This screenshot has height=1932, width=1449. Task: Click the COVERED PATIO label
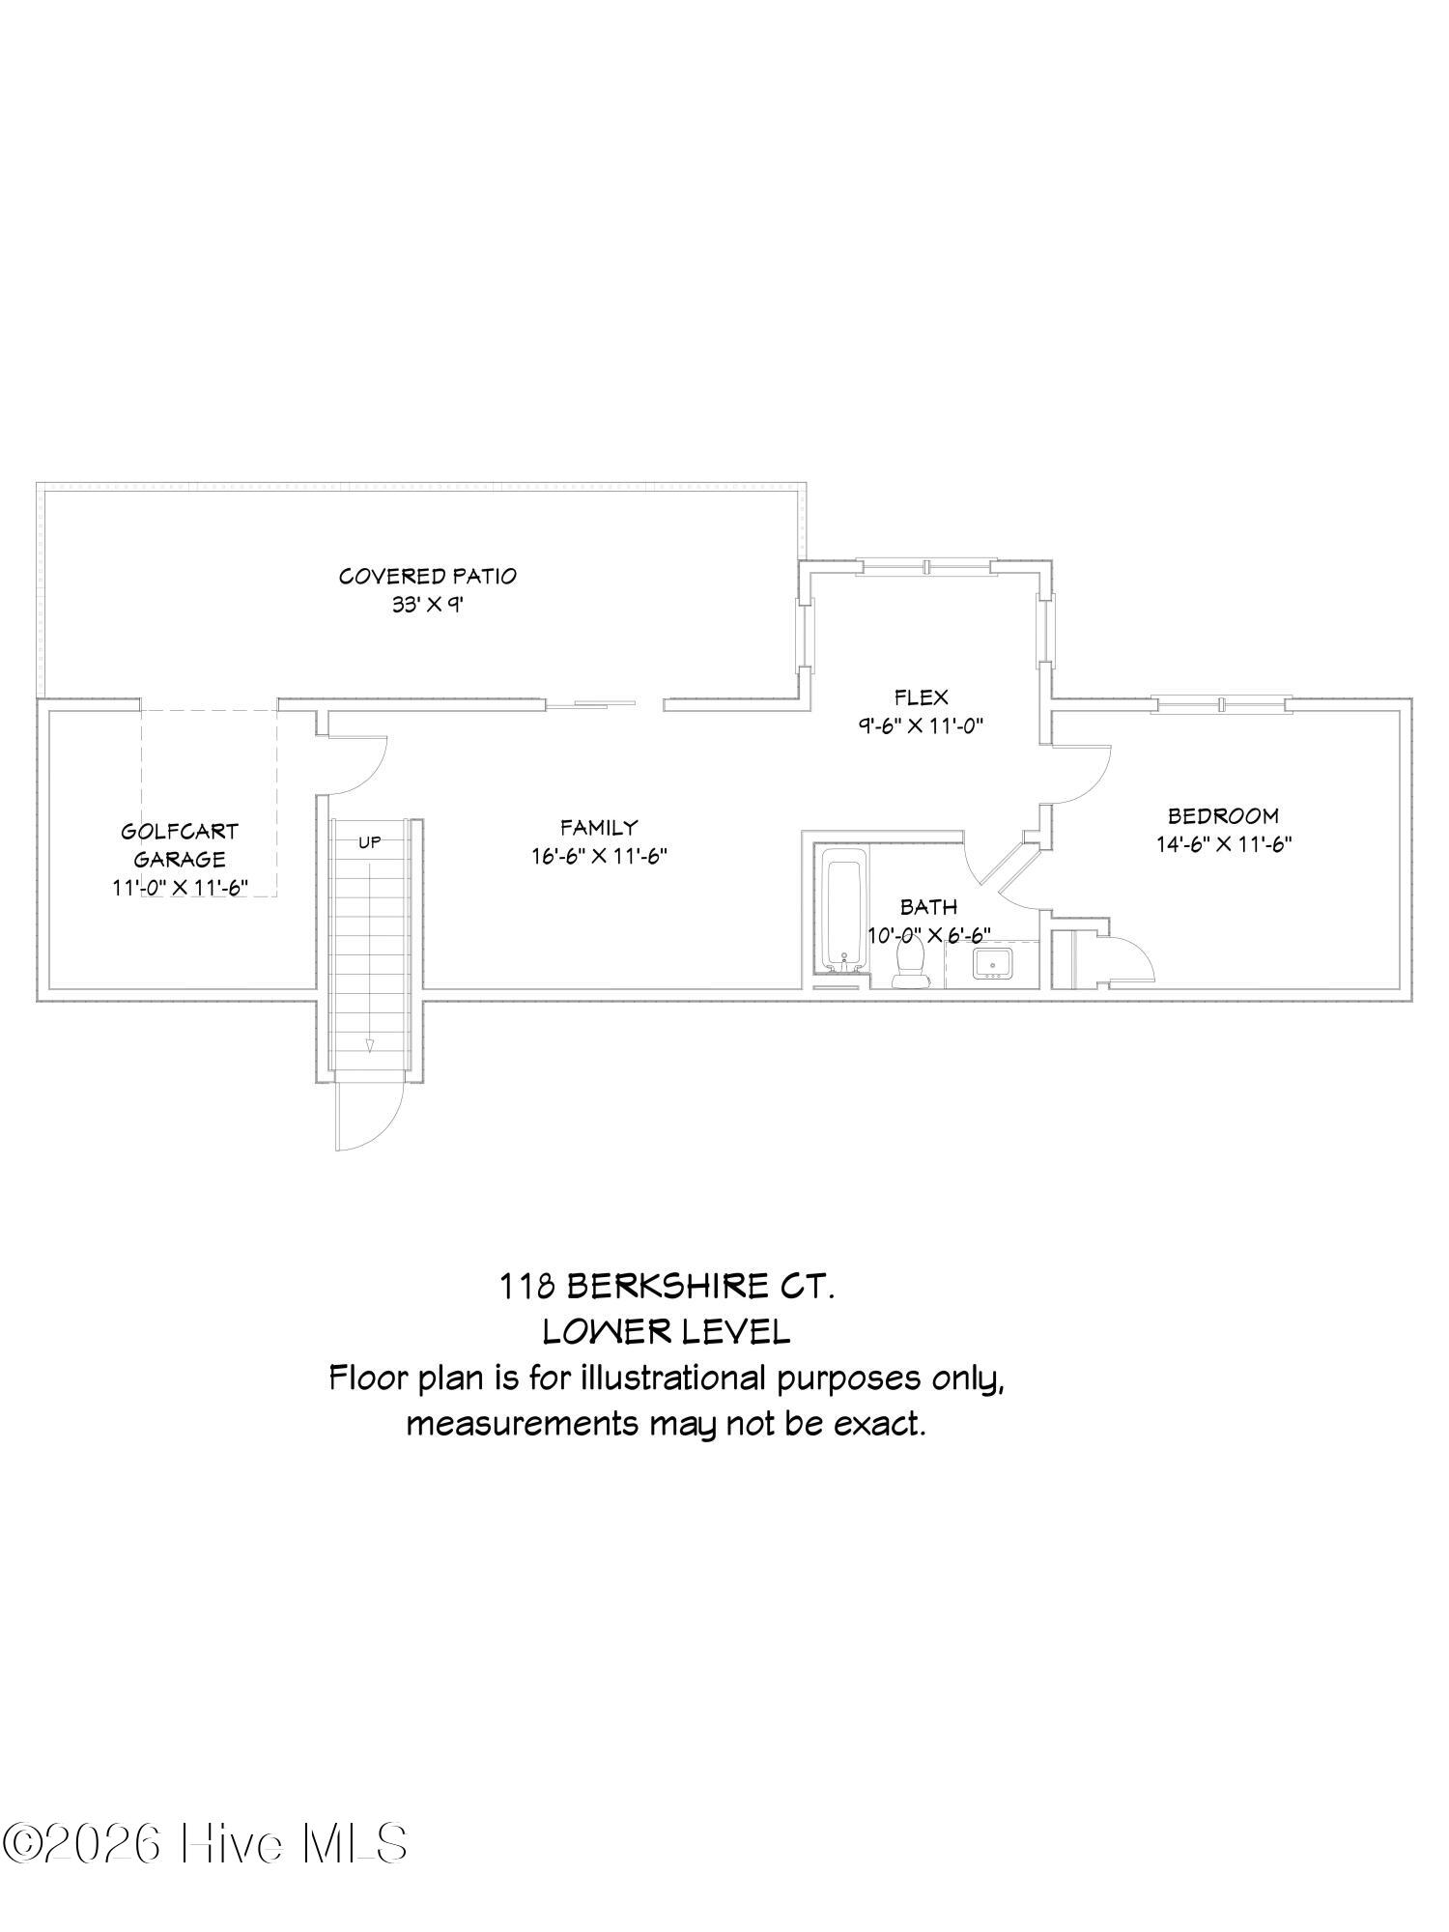pyautogui.click(x=427, y=576)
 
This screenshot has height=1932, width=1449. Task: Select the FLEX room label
pyautogui.click(x=921, y=696)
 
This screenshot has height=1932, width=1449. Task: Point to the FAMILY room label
pyautogui.click(x=599, y=827)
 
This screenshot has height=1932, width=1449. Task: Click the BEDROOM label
pyautogui.click(x=1223, y=815)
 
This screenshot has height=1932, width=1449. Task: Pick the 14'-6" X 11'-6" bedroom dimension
pyautogui.click(x=1224, y=843)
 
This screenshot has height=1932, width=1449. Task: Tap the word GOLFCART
pyautogui.click(x=180, y=831)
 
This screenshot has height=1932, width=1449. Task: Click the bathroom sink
pyautogui.click(x=993, y=963)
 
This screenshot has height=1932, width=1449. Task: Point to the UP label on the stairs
pyautogui.click(x=370, y=841)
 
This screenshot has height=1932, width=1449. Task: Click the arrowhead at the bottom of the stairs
pyautogui.click(x=369, y=1045)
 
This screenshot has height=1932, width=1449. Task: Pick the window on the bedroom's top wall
pyautogui.click(x=1222, y=704)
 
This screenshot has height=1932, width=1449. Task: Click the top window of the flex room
pyautogui.click(x=926, y=567)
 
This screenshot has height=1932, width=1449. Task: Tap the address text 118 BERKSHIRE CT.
pyautogui.click(x=667, y=1286)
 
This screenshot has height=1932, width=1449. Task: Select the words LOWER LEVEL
pyautogui.click(x=667, y=1331)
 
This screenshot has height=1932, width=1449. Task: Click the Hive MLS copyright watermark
pyautogui.click(x=204, y=1843)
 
